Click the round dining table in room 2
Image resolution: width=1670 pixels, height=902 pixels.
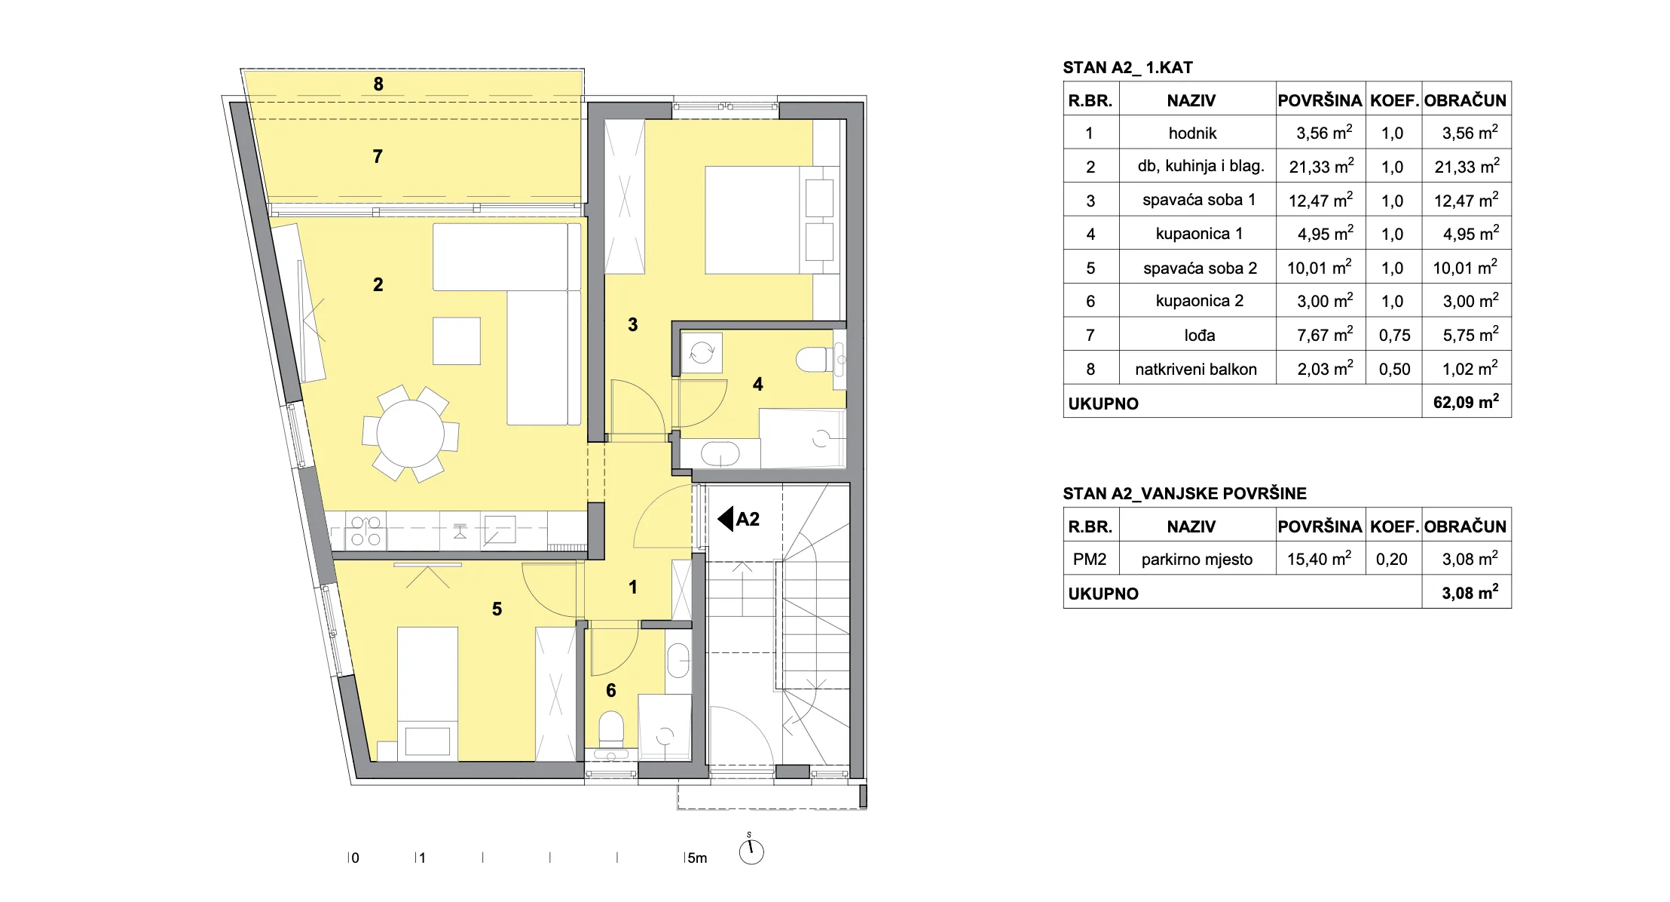coord(411,434)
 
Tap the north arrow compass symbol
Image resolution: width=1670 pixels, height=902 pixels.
coord(751,851)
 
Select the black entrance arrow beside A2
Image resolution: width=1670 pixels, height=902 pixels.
coord(726,519)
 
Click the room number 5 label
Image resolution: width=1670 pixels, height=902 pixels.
coord(497,609)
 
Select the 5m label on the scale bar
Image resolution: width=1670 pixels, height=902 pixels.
coord(697,858)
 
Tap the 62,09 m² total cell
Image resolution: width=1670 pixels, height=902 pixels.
coord(1466,401)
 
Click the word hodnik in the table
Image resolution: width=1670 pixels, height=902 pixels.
coord(1192,133)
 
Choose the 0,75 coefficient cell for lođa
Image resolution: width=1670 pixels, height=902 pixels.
coord(1394,336)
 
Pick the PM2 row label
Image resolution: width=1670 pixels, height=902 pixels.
coord(1090,560)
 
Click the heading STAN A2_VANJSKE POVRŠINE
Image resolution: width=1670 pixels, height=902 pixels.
coord(1185,494)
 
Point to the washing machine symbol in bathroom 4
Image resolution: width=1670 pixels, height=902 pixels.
coord(702,352)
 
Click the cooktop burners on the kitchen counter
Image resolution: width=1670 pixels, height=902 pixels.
coord(366,531)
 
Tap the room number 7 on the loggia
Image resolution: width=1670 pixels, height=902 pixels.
coord(378,156)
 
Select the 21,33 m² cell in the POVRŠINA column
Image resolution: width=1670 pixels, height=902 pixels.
coord(1321,166)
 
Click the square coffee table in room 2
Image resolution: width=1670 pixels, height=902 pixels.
coord(457,341)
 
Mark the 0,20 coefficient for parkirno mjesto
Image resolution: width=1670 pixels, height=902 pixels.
coord(1392,560)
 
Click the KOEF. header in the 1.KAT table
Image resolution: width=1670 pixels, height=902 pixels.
coord(1394,100)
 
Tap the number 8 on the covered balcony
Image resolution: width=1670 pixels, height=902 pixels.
coord(378,84)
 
